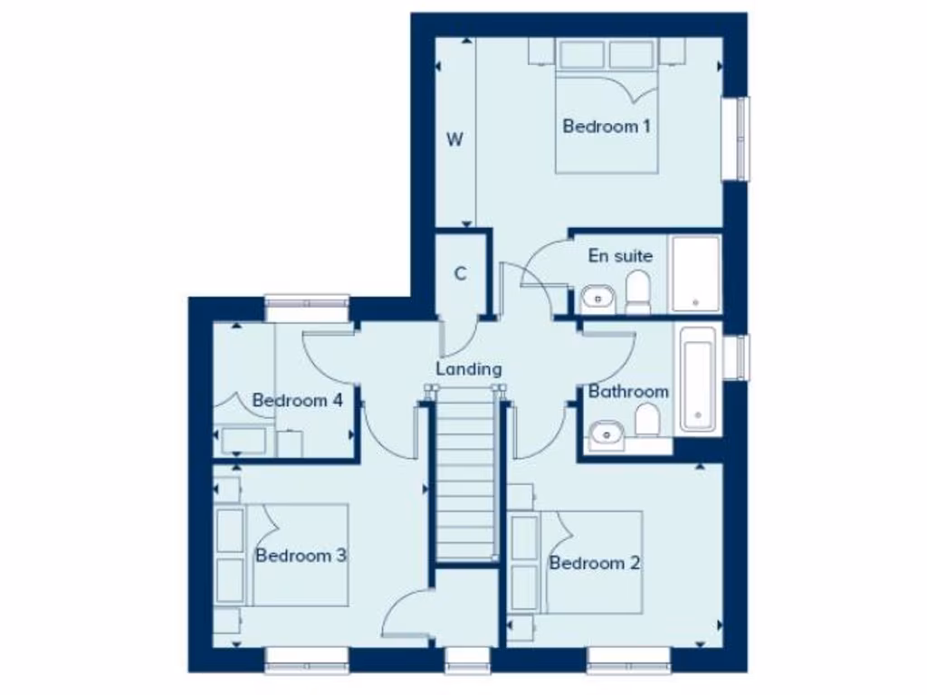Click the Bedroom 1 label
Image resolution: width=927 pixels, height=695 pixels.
(606, 127)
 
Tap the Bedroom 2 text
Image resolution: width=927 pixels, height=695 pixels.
(595, 564)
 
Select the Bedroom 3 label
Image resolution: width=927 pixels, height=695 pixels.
(301, 556)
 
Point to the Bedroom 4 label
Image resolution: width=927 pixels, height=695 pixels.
(297, 400)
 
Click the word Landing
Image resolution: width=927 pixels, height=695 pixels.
(468, 369)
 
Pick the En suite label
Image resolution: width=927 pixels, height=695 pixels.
(620, 256)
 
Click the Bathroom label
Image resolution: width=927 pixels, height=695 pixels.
(628, 392)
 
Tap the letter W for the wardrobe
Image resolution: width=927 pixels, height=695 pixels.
(455, 139)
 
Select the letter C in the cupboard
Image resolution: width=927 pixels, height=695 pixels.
(460, 274)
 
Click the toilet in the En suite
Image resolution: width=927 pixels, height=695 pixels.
(638, 291)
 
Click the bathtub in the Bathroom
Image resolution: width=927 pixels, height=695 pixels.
(698, 378)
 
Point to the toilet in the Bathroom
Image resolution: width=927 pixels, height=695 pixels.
(646, 420)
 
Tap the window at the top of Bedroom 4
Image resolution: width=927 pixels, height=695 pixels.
(307, 306)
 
